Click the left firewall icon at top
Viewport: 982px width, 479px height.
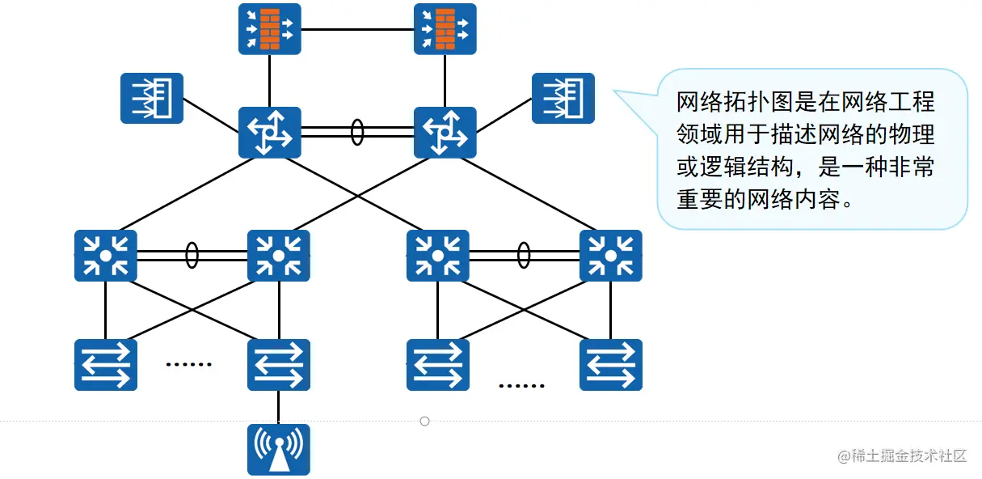pos(270,29)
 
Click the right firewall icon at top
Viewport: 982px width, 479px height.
pos(445,29)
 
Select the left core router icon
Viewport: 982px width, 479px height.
pos(270,133)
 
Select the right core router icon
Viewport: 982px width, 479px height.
pos(445,133)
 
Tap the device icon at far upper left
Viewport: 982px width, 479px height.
pos(152,98)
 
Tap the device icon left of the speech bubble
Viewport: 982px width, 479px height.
pos(563,98)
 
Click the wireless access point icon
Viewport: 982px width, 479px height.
pos(279,450)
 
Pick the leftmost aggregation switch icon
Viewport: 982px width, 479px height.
pos(106,256)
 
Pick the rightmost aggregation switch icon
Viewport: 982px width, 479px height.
pos(611,256)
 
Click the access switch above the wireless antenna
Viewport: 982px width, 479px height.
pos(279,365)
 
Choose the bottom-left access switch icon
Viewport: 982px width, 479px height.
pos(106,365)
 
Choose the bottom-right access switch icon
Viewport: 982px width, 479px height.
pos(611,365)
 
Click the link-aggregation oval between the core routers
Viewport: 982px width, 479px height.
pos(357,133)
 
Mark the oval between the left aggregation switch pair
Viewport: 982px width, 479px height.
pos(192,255)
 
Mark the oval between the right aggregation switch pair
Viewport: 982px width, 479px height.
pos(524,255)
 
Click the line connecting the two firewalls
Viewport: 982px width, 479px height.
pos(357,29)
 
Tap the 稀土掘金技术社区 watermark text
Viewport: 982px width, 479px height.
pos(909,456)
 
